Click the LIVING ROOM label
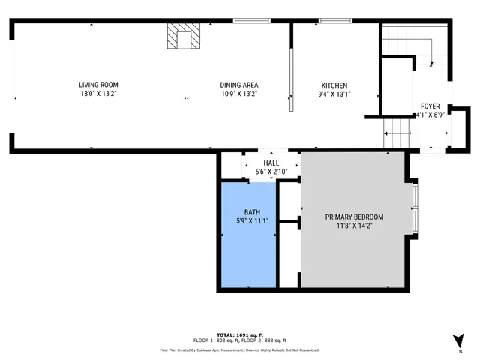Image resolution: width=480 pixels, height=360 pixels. pyautogui.click(x=99, y=85)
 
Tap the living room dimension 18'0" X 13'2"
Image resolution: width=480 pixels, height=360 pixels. pyautogui.click(x=99, y=94)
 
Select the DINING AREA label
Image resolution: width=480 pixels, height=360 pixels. pyautogui.click(x=239, y=85)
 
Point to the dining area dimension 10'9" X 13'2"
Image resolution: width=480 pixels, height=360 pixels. pyautogui.click(x=239, y=94)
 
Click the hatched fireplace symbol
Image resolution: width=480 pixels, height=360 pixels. pyautogui.click(x=184, y=36)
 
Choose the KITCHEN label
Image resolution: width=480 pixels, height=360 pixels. pyautogui.click(x=334, y=85)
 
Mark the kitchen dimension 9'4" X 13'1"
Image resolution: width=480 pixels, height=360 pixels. pyautogui.click(x=334, y=94)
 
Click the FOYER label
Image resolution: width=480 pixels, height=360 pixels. pyautogui.click(x=430, y=106)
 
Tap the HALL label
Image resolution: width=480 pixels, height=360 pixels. pyautogui.click(x=271, y=163)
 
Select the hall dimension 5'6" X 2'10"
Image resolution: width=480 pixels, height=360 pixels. pyautogui.click(x=271, y=172)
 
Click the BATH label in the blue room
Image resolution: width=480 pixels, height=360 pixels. pyautogui.click(x=251, y=211)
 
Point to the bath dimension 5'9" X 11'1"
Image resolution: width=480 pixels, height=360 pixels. pyautogui.click(x=251, y=220)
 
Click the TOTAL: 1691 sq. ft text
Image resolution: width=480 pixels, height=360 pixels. pyautogui.click(x=240, y=334)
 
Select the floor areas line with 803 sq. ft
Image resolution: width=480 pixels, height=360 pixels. pyautogui.click(x=240, y=340)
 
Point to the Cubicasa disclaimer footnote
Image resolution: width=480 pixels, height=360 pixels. pyautogui.click(x=240, y=349)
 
